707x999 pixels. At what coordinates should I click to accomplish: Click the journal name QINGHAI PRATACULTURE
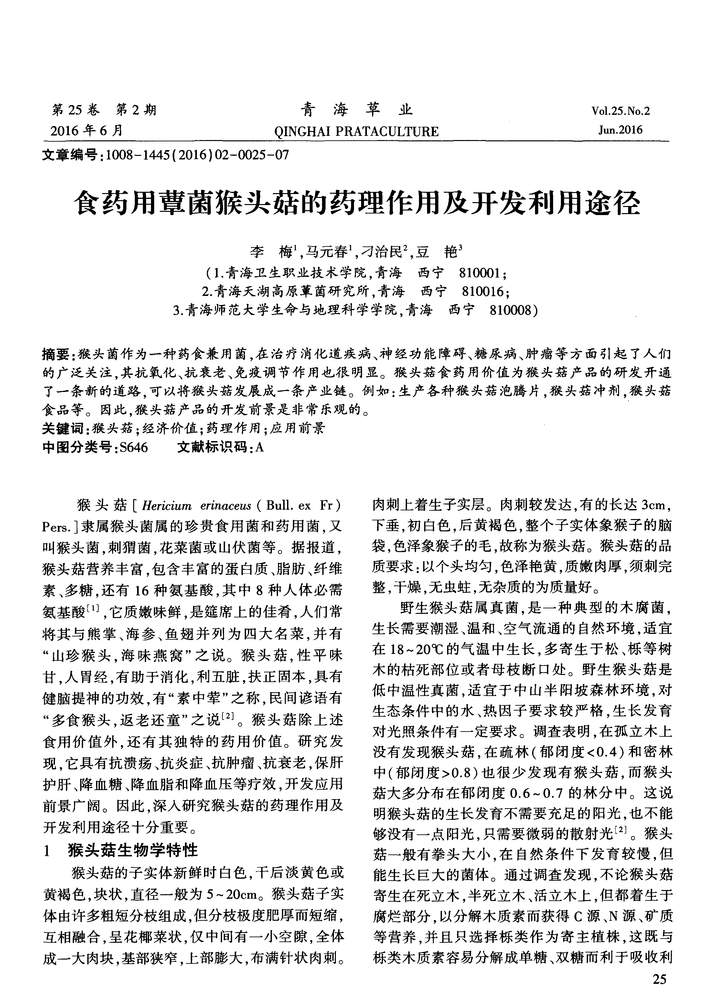coord(356,131)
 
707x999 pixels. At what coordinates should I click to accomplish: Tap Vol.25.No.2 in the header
coord(620,111)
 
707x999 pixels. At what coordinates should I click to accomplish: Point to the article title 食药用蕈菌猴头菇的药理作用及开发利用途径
coord(357,203)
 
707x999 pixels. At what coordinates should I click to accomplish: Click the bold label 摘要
coord(55,354)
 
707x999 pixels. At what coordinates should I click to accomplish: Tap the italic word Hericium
coord(166,506)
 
